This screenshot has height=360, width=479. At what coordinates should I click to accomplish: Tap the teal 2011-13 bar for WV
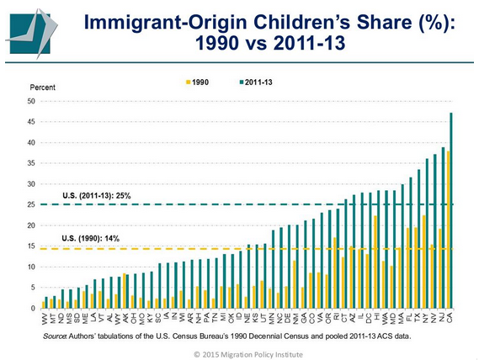(x=48, y=302)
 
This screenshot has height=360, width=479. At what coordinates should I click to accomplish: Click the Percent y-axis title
(x=42, y=87)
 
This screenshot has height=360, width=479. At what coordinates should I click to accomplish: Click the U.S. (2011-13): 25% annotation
(x=97, y=196)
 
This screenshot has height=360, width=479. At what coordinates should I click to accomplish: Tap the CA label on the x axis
(x=452, y=316)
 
